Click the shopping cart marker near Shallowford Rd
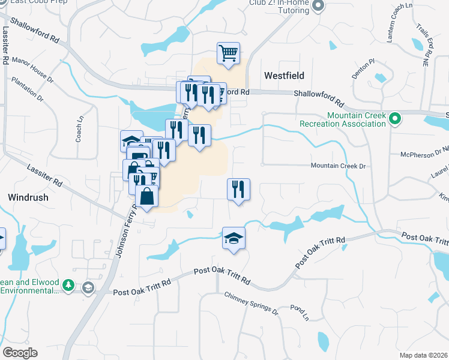228,54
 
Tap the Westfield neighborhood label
284,76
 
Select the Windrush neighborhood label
28,197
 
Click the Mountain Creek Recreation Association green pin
394,119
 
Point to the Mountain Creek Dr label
338,166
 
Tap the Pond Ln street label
298,313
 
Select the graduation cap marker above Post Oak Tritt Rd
234,238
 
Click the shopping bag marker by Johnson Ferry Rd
146,196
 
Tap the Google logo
20,353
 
